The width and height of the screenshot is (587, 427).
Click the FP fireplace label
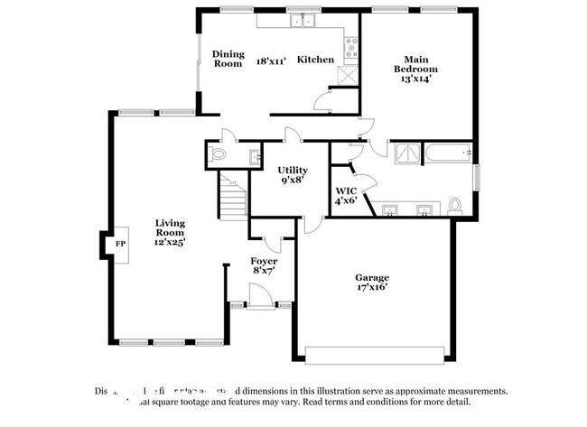[119, 244]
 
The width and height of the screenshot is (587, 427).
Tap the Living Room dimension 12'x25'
[169, 242]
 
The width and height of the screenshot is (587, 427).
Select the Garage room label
[371, 279]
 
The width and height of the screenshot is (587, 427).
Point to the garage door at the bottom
[376, 354]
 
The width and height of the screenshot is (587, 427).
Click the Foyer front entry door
[259, 293]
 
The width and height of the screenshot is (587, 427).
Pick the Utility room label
[293, 170]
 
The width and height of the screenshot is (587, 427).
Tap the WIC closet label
[347, 190]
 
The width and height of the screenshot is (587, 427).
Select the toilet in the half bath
[217, 155]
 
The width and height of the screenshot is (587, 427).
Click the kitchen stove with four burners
[351, 49]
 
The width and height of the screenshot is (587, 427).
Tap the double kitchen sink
[301, 21]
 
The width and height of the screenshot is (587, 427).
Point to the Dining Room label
[228, 59]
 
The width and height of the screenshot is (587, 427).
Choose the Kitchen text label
[316, 60]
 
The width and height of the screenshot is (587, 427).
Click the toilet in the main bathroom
[455, 205]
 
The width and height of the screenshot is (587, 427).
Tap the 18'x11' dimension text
[272, 60]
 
